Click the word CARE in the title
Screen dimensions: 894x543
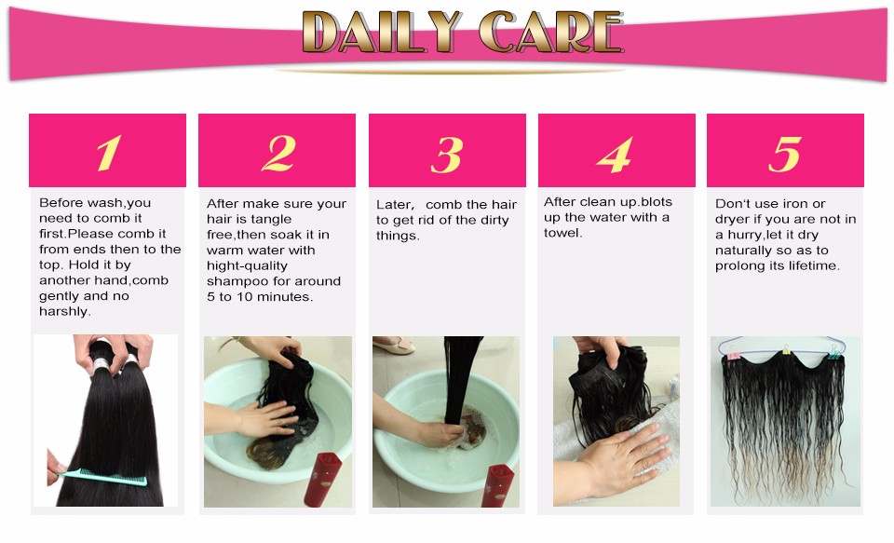click(x=550, y=32)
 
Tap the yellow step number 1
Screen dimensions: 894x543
click(x=108, y=153)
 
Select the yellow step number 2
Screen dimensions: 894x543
click(x=278, y=153)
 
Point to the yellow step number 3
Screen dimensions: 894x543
click(x=446, y=154)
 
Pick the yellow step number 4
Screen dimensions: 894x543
click(x=615, y=154)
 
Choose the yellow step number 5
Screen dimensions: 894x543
click(x=785, y=154)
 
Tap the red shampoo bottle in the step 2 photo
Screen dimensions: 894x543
click(x=322, y=479)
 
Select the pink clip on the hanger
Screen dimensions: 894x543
click(x=732, y=356)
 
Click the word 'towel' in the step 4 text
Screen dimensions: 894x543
click(x=562, y=233)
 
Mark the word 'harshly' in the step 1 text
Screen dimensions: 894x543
click(x=64, y=311)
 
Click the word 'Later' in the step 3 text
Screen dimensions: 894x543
click(x=393, y=205)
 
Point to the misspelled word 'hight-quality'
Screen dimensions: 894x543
click(x=247, y=266)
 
